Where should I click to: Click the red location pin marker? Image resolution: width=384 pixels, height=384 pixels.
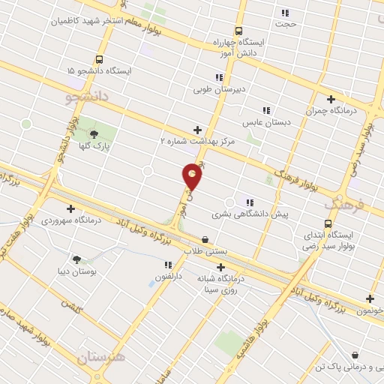pyautogui.click(x=192, y=175)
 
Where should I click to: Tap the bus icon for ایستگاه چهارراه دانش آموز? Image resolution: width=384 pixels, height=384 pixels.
pyautogui.click(x=238, y=31)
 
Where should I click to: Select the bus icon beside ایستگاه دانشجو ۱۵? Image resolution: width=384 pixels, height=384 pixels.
pyautogui.click(x=99, y=59)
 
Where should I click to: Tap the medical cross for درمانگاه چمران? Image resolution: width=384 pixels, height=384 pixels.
pyautogui.click(x=331, y=99)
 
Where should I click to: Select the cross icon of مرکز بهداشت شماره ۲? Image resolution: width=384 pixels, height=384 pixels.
pyautogui.click(x=198, y=129)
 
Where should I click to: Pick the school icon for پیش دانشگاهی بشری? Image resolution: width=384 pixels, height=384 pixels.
pyautogui.click(x=250, y=202)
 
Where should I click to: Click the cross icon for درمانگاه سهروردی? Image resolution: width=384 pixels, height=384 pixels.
pyautogui.click(x=70, y=209)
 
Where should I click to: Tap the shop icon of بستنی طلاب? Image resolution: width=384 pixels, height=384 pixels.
pyautogui.click(x=205, y=239)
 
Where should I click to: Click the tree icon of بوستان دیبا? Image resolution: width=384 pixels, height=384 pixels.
pyautogui.click(x=77, y=258)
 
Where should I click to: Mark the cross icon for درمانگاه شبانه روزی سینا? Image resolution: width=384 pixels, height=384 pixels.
pyautogui.click(x=220, y=267)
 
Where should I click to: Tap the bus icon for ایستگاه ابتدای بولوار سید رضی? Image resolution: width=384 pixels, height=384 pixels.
pyautogui.click(x=328, y=223)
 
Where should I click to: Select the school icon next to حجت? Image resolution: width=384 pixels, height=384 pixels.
pyautogui.click(x=284, y=13)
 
